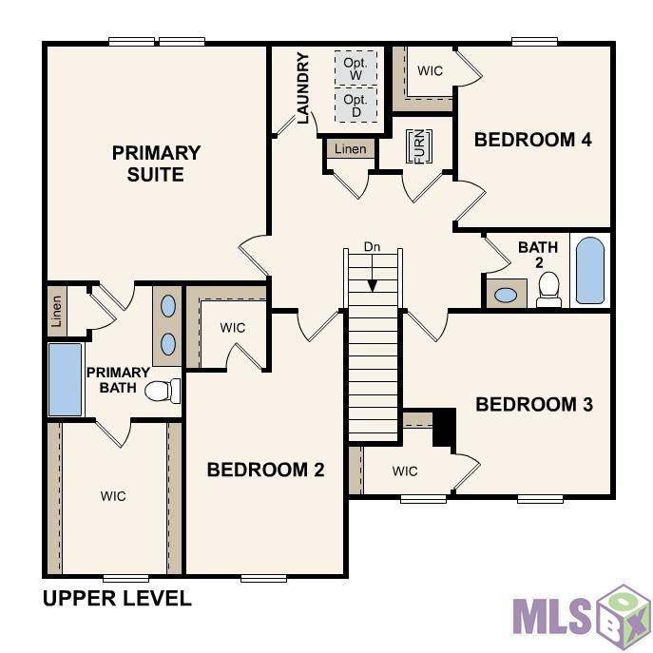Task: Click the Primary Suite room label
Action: [156, 163]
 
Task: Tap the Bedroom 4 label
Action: [532, 140]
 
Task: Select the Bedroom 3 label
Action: [534, 404]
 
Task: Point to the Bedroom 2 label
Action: [265, 470]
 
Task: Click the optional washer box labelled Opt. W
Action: [356, 67]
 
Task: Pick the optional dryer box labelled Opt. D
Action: [356, 105]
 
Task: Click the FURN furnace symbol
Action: [419, 146]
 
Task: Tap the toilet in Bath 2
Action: [548, 290]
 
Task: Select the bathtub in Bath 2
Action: [590, 270]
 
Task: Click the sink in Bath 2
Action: [506, 296]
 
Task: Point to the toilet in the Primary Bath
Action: [163, 391]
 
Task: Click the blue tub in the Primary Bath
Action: [65, 379]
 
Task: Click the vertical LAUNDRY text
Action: [303, 87]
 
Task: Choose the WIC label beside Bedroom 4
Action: [430, 70]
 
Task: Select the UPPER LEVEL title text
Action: [117, 599]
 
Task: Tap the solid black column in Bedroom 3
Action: [444, 428]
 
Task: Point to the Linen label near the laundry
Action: [350, 148]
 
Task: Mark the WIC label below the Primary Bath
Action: [113, 496]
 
